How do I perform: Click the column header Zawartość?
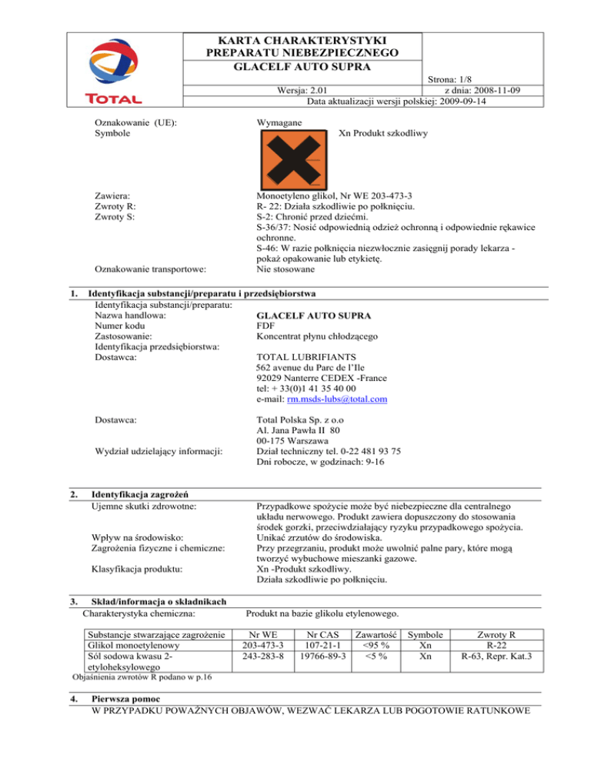[375, 633]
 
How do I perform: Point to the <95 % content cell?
[375, 644]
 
